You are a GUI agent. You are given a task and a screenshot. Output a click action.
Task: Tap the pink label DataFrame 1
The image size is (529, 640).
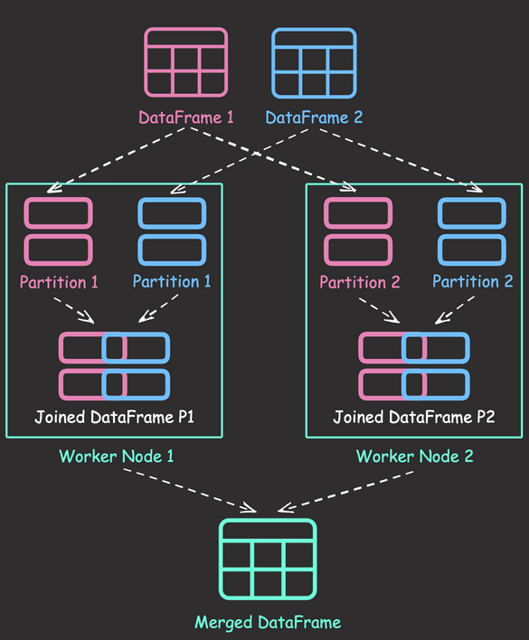point(186,118)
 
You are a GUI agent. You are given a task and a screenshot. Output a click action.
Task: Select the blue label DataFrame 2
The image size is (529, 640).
point(314,118)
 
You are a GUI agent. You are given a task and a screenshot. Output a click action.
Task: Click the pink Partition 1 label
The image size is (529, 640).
point(59,282)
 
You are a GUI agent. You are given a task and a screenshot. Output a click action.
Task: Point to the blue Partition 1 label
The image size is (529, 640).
point(172,281)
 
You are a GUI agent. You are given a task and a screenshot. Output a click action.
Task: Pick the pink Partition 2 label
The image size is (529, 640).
point(360,282)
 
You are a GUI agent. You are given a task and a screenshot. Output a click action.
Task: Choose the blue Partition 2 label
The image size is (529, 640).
point(473,281)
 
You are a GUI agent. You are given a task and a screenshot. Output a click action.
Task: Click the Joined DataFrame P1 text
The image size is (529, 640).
point(114,417)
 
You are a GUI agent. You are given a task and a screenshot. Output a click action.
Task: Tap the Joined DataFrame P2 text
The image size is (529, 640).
point(414,417)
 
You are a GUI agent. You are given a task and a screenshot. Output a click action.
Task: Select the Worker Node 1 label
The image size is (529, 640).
point(117,456)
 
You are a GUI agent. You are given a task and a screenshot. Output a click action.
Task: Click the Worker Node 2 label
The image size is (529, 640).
point(415,456)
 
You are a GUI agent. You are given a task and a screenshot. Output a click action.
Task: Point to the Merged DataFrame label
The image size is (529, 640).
point(268,623)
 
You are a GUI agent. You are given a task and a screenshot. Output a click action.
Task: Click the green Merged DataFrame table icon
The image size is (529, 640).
point(268,559)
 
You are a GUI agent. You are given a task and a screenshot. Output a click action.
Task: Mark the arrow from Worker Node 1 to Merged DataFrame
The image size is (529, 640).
point(190,490)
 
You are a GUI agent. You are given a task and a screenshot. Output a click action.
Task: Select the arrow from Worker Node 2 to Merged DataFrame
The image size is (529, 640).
point(345,492)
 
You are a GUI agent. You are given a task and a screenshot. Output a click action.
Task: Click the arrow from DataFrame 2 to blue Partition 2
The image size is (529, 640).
point(401,161)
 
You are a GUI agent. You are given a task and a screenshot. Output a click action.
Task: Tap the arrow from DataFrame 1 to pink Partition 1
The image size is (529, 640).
point(117,160)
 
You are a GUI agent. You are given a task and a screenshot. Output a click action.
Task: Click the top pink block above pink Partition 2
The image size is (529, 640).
point(358,213)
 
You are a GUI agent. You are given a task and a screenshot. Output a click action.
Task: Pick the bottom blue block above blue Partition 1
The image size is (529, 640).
point(172,249)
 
